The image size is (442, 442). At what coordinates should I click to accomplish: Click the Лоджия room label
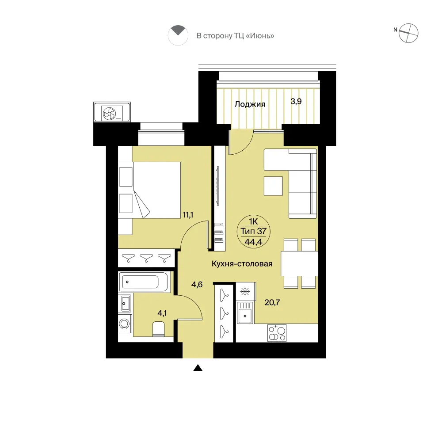(x=250, y=104)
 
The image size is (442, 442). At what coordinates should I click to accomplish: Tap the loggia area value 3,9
(x=296, y=101)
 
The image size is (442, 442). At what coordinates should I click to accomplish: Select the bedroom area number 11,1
(x=188, y=215)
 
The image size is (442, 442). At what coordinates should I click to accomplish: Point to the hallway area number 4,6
(x=197, y=284)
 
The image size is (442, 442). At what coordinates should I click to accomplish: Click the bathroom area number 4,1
(x=162, y=313)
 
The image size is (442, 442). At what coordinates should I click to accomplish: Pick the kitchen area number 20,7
(x=272, y=302)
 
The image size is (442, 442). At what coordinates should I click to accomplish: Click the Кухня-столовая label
(x=242, y=264)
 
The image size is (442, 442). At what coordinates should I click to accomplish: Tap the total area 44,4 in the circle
(x=253, y=242)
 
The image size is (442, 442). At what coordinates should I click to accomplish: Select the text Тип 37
(x=253, y=231)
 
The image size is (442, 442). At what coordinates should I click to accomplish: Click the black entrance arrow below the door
(x=198, y=368)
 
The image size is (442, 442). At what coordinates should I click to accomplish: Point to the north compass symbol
(x=408, y=33)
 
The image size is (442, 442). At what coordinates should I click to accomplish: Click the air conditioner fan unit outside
(x=112, y=112)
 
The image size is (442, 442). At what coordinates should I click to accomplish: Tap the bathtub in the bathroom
(x=144, y=282)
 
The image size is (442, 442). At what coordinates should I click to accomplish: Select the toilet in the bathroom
(x=158, y=329)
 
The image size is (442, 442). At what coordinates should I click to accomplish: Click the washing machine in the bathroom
(x=125, y=324)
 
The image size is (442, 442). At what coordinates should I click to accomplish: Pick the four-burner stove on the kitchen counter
(x=277, y=333)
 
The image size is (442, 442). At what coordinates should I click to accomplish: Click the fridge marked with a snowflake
(x=245, y=291)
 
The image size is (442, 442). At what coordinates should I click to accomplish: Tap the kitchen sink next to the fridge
(x=245, y=312)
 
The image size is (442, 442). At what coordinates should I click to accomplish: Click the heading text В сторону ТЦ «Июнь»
(x=236, y=36)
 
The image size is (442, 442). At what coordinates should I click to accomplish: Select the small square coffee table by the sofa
(x=273, y=186)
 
